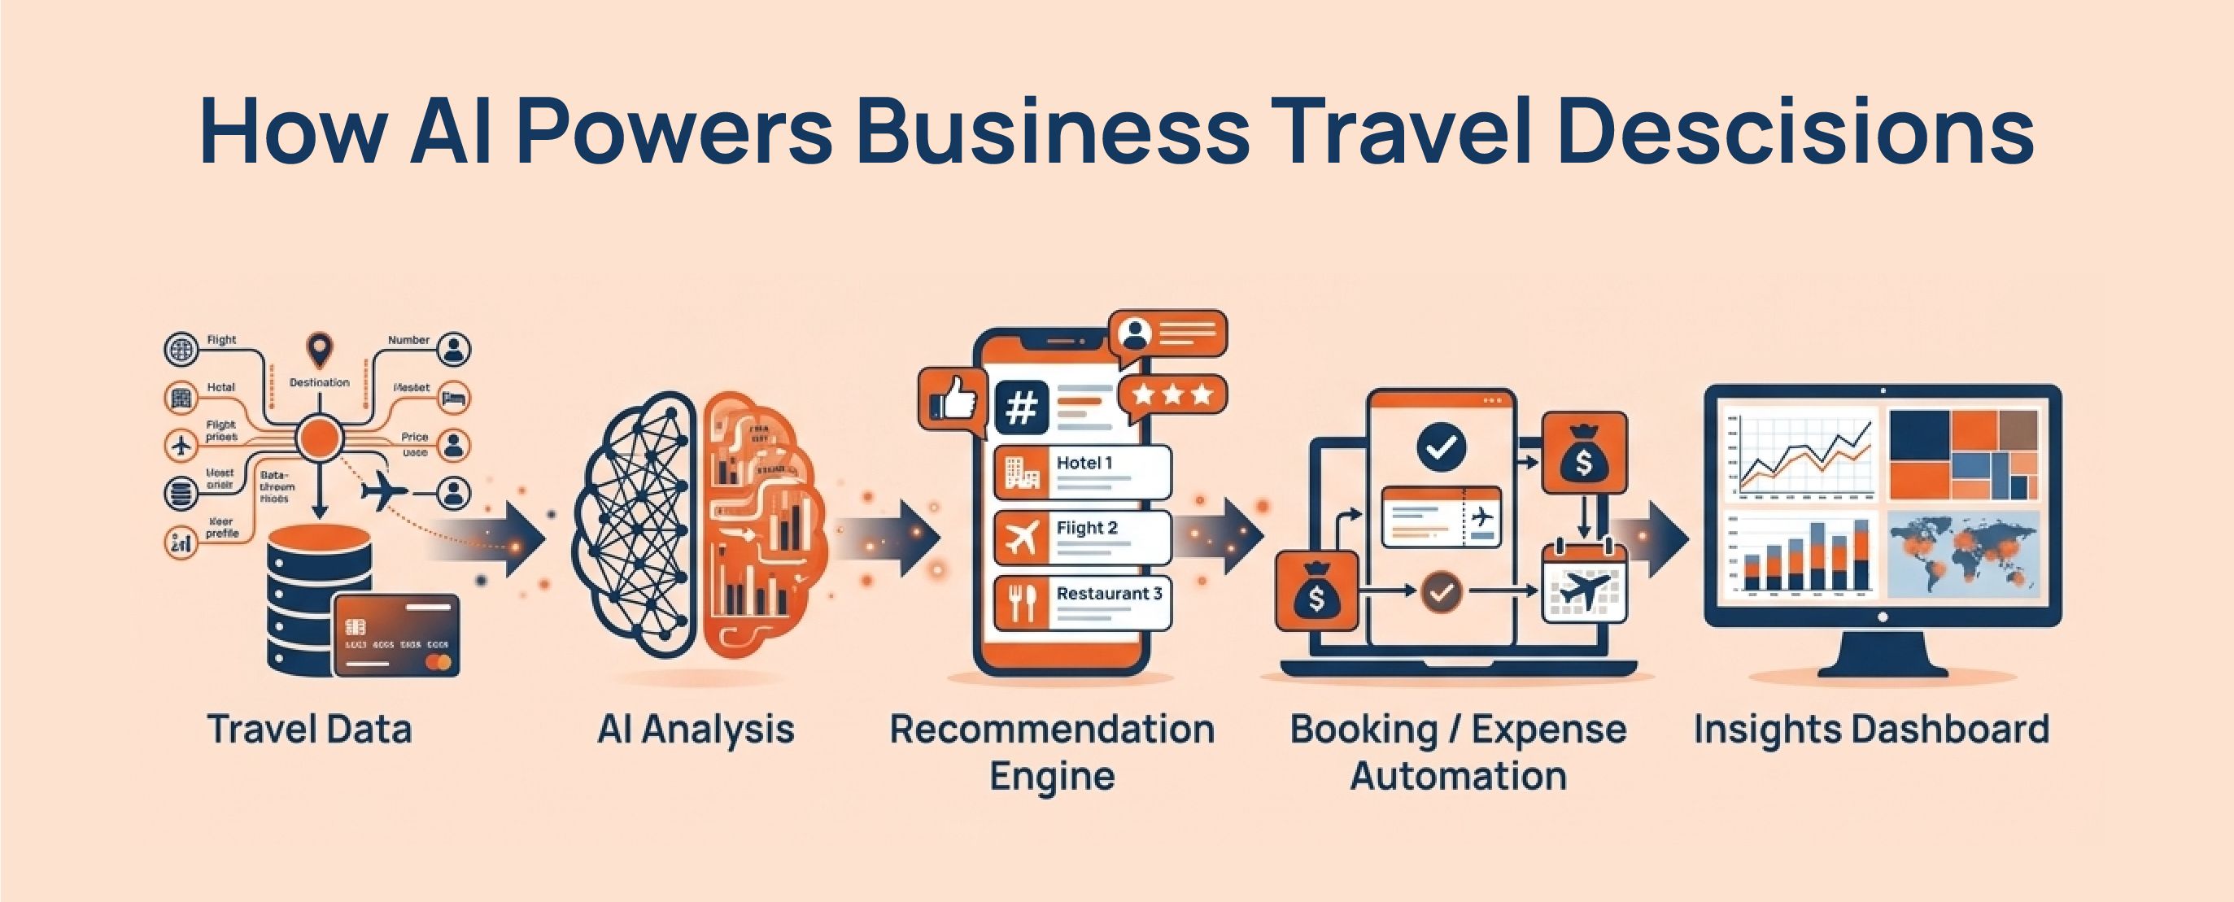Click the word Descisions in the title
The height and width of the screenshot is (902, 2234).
[1795, 132]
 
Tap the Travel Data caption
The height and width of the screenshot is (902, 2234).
[310, 730]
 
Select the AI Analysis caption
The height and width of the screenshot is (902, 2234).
[696, 730]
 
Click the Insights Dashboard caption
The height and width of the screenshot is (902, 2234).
[1871, 730]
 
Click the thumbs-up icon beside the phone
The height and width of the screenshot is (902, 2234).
[952, 401]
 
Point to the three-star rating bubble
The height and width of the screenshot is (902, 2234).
[1172, 395]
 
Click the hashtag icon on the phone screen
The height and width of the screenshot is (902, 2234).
[1021, 407]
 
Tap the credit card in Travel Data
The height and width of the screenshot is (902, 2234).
[396, 636]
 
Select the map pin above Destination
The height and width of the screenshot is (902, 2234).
[320, 350]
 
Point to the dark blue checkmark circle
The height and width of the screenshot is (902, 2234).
[1442, 447]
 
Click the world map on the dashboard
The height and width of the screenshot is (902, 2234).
[1961, 553]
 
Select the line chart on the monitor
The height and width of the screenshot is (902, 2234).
[1799, 455]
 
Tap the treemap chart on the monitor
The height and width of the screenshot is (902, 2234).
[1963, 455]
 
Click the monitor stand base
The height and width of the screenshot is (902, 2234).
[1882, 669]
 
